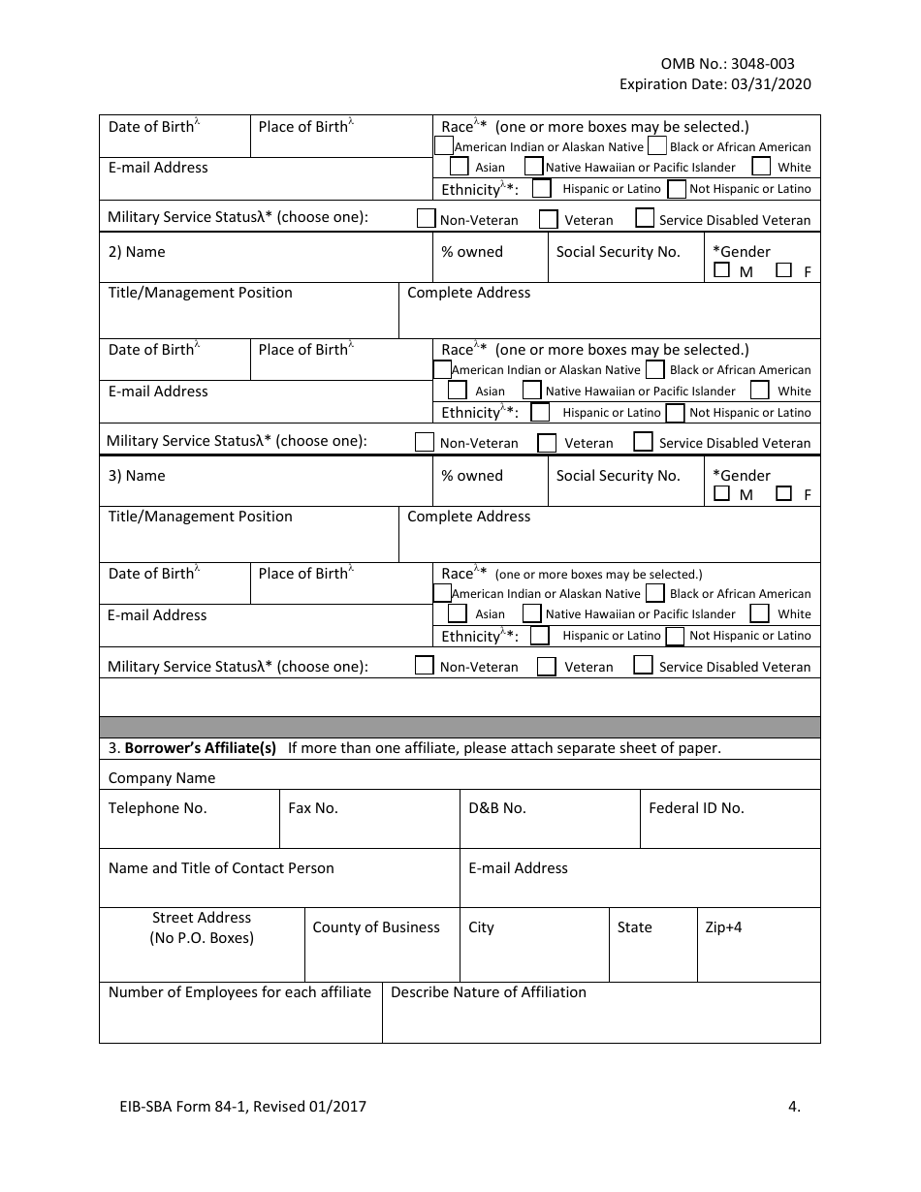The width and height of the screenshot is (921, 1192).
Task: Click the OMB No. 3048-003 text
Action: point(727,64)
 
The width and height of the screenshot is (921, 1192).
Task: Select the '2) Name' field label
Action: point(137,252)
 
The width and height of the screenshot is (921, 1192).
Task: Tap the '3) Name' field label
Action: point(137,476)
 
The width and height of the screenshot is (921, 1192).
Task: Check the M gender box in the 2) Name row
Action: point(721,270)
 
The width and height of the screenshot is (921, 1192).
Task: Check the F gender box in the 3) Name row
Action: point(784,493)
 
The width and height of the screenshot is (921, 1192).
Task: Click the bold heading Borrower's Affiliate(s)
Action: point(200,748)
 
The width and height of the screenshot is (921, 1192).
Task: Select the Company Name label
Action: point(162,778)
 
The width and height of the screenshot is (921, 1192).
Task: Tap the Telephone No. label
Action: point(157,808)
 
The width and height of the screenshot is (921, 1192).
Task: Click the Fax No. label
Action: point(313,808)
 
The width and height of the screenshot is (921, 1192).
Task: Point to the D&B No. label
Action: point(497,808)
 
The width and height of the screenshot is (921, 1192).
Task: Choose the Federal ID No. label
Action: point(696,808)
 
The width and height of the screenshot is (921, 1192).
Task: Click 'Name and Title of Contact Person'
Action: point(221,868)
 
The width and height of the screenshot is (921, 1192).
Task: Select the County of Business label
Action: point(376,927)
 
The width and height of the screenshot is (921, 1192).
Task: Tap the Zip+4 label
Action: point(723,927)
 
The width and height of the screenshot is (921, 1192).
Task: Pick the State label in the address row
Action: point(634,927)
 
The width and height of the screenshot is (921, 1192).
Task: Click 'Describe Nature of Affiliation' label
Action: point(489,992)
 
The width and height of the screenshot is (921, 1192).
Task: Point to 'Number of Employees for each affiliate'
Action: point(239,992)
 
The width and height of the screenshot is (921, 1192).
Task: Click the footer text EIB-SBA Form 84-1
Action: point(194,1106)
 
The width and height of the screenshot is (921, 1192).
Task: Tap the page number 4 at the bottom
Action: point(795,1106)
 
